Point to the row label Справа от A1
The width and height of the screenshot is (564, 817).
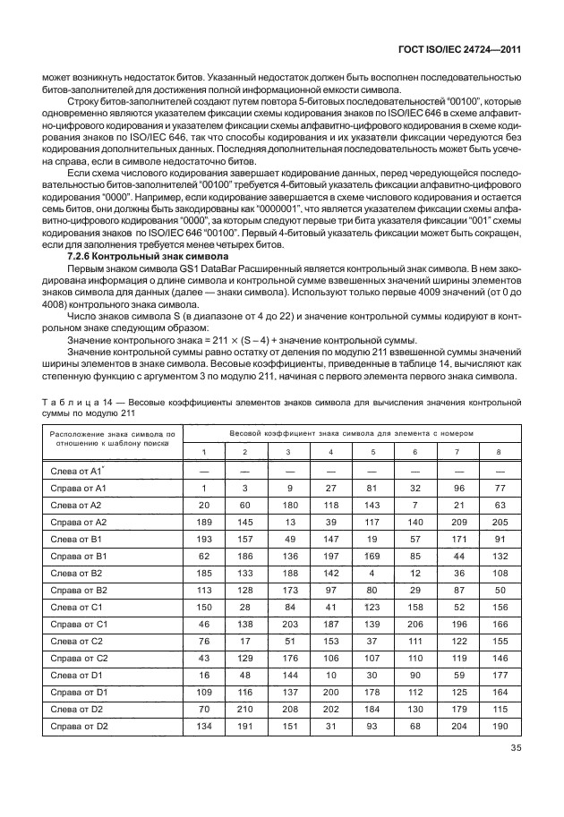click(x=79, y=488)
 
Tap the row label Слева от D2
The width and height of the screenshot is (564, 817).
click(x=78, y=709)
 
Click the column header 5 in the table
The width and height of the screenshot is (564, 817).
click(x=372, y=451)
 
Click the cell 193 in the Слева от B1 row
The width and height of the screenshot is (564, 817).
click(x=204, y=539)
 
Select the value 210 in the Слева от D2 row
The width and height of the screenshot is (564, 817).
click(x=245, y=709)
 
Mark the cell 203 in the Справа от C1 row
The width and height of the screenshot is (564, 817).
click(x=288, y=624)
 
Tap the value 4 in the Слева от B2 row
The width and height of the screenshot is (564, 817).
click(x=372, y=573)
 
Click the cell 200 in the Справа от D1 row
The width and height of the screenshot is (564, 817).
click(x=330, y=692)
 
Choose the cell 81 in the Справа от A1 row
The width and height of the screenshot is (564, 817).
click(x=372, y=488)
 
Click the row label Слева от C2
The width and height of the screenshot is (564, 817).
click(x=78, y=641)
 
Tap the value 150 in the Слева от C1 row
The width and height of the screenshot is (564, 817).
click(x=204, y=607)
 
